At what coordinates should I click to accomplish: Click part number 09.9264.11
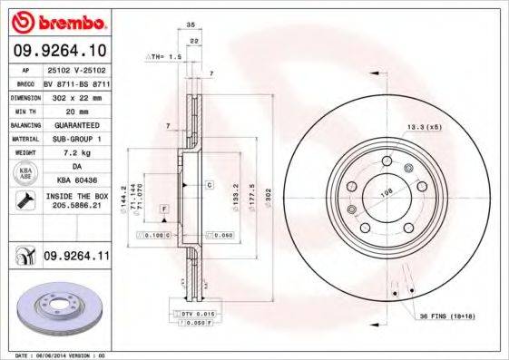click(x=76, y=258)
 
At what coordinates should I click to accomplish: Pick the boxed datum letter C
click(x=209, y=184)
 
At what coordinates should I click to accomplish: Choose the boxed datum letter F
click(x=164, y=209)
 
